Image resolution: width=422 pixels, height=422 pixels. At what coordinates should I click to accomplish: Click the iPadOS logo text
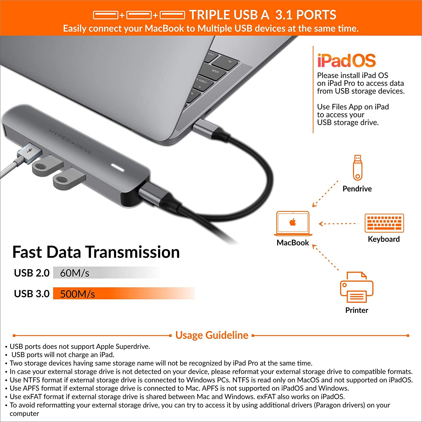[346, 60]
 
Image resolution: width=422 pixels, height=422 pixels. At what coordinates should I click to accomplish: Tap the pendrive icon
[357, 168]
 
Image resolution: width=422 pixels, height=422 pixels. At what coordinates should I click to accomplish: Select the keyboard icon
[384, 223]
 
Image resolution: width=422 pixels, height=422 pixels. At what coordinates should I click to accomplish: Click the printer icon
[356, 288]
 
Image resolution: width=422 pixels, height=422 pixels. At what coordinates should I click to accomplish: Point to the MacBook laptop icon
[293, 223]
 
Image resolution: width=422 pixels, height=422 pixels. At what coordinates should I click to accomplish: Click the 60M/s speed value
[75, 273]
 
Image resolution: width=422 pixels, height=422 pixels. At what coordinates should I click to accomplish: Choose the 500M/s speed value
[77, 294]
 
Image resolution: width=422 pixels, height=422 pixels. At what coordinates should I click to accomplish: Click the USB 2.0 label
[32, 273]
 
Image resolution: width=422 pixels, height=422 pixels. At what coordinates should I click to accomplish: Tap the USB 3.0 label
[32, 294]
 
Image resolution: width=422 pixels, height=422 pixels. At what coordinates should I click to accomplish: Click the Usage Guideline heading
[212, 335]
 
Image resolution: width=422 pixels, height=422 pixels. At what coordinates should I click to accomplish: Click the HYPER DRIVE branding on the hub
[70, 142]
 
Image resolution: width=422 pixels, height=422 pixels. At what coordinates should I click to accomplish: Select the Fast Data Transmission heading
[96, 252]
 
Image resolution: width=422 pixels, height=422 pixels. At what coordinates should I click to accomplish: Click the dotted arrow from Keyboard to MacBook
[338, 224]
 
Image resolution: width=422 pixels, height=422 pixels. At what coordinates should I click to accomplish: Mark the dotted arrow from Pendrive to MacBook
[325, 194]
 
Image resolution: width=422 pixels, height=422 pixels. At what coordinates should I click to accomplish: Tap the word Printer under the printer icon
[356, 310]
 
